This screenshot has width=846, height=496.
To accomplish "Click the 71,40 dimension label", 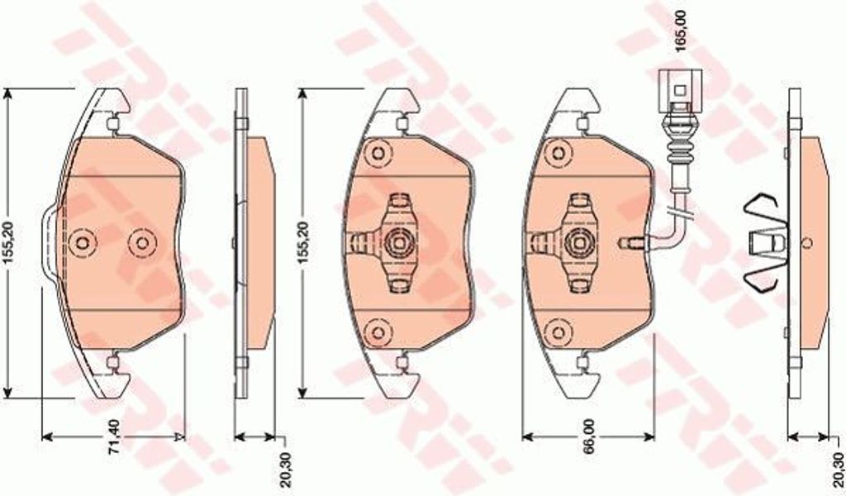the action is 114,436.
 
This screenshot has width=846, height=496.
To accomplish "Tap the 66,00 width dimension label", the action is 588,436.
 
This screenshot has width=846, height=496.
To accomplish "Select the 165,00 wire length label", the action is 682,31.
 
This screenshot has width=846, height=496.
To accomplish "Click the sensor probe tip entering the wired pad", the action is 631,242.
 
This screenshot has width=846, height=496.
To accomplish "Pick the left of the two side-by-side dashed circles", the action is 83,243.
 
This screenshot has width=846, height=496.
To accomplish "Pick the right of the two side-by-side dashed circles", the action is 142,243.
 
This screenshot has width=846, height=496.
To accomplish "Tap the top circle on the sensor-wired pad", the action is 558,153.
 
